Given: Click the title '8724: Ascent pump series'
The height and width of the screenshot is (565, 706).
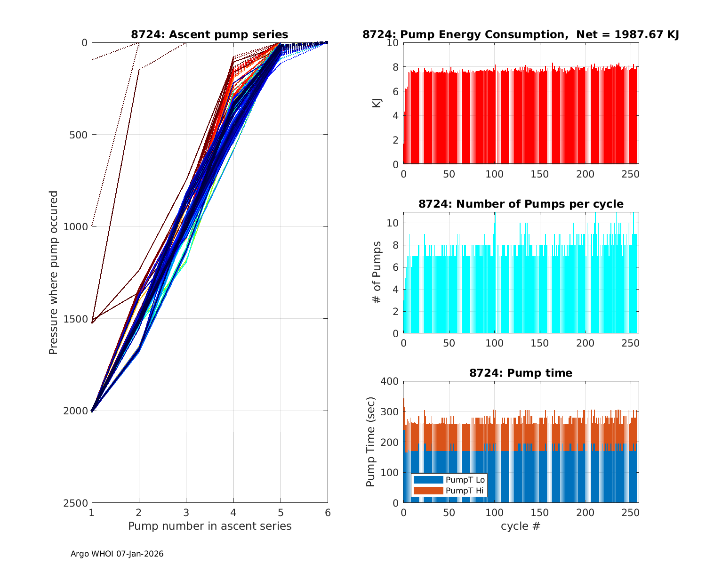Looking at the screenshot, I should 209,34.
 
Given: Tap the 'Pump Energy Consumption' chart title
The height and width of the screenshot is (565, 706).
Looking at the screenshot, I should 521,34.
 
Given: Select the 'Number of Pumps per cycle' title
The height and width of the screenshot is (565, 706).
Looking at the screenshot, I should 521,204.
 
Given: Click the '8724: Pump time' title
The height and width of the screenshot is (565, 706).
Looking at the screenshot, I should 521,373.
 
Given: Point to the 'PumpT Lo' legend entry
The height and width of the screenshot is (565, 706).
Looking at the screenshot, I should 465,480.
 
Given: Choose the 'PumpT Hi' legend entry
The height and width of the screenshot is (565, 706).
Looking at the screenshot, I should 465,491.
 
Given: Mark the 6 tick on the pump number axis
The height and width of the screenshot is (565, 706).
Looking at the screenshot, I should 328,512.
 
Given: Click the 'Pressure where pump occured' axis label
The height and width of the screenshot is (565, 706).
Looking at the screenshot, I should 54,273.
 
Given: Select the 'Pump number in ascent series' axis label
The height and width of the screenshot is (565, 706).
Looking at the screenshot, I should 209,526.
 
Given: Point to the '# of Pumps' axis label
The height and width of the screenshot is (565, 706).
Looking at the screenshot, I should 377,273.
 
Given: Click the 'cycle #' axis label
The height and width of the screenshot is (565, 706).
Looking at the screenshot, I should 521,526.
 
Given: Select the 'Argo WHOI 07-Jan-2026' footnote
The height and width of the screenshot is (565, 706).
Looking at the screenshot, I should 117,554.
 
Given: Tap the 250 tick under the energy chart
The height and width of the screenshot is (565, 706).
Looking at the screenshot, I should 631,174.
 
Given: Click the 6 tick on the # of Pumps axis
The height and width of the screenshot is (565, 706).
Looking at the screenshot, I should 396,267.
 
